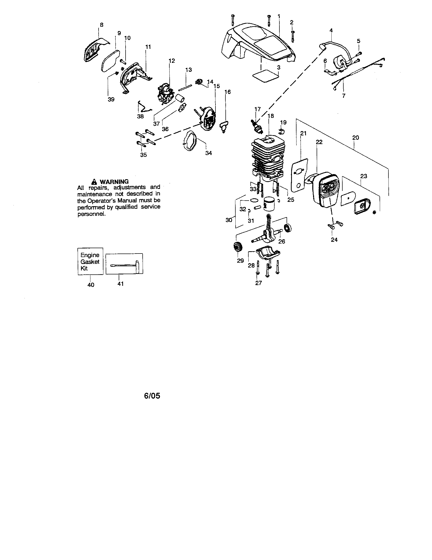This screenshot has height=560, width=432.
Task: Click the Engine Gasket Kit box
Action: [90, 261]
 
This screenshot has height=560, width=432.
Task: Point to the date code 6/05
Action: [152, 396]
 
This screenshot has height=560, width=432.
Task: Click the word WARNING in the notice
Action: [114, 181]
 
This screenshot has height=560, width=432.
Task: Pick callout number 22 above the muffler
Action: [319, 142]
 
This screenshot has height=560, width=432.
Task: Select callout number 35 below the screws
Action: [143, 155]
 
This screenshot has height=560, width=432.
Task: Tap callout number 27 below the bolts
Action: [258, 283]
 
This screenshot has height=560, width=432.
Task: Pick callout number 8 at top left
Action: [102, 25]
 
